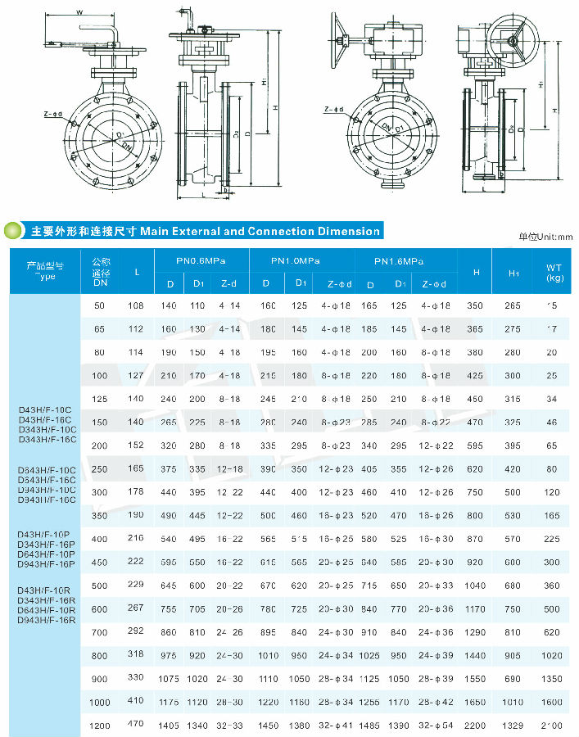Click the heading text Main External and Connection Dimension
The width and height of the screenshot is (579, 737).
260,232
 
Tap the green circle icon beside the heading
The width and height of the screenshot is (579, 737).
14,232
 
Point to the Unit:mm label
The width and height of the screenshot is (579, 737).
546,237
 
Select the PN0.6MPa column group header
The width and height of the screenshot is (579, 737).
200,260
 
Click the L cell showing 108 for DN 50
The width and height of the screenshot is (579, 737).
136,305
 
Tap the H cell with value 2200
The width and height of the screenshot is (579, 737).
476,726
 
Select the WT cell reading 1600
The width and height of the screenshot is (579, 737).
550,702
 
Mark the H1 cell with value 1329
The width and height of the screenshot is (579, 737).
513,726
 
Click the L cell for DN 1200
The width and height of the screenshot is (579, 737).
136,724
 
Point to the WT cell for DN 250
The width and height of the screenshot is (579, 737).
551,469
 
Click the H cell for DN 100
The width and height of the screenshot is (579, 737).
476,376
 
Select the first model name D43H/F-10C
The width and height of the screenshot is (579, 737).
46,408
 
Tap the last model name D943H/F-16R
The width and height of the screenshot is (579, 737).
47,620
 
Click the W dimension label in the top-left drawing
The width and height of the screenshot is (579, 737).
79,12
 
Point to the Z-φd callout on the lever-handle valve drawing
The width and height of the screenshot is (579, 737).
54,114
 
